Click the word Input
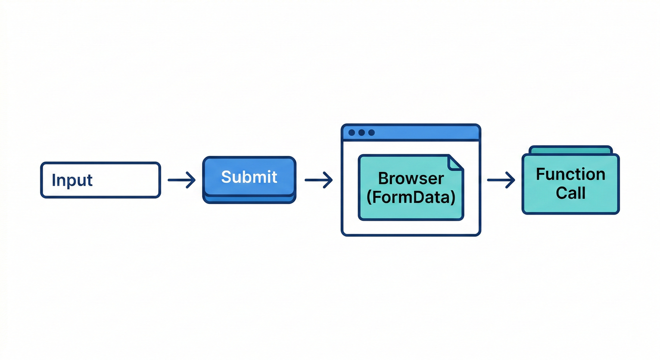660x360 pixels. pos(72,180)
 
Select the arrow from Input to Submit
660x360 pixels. pos(181,180)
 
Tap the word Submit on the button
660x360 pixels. pos(249,177)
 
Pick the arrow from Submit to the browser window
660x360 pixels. pos(319,180)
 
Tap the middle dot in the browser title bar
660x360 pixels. pos(361,133)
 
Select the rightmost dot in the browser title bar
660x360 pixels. pos(371,133)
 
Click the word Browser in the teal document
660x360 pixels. pos(411,179)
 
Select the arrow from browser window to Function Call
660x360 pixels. pos(501,180)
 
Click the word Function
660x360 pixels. pos(570,174)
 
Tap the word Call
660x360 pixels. pos(570,193)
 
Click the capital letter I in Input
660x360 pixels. pos(53,180)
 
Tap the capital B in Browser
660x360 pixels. pos(383,179)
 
